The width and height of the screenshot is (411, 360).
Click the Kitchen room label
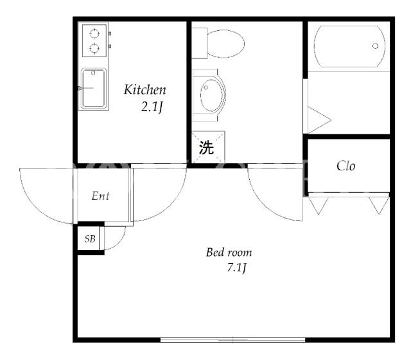pos(145,89)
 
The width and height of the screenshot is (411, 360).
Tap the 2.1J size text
pos(152,107)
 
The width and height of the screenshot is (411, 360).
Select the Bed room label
pos(229,252)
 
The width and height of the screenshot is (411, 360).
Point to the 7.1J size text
pos(237,268)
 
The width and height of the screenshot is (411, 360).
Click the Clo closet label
pos(346,166)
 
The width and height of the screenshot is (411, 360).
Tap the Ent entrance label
pos(100,196)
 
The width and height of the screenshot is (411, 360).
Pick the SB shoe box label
pos(90,239)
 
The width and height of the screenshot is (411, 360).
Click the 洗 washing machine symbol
pos(206,147)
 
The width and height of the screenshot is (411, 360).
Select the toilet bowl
pos(225,44)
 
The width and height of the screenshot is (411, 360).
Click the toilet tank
pos(200,43)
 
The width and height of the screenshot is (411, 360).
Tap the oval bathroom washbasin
pos(213,94)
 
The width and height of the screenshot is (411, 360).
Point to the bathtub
pos(349,46)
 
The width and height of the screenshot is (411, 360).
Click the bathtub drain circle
pos(375,46)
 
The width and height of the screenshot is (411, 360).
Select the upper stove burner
pos(94,33)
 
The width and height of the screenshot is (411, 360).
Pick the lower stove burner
pos(94,48)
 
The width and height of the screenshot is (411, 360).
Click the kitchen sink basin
pos(94,89)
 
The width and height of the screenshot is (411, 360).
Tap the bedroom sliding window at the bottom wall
pos(232,340)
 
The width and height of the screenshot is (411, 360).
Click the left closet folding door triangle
pos(319,205)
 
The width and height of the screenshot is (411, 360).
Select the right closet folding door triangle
pos(379,205)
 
